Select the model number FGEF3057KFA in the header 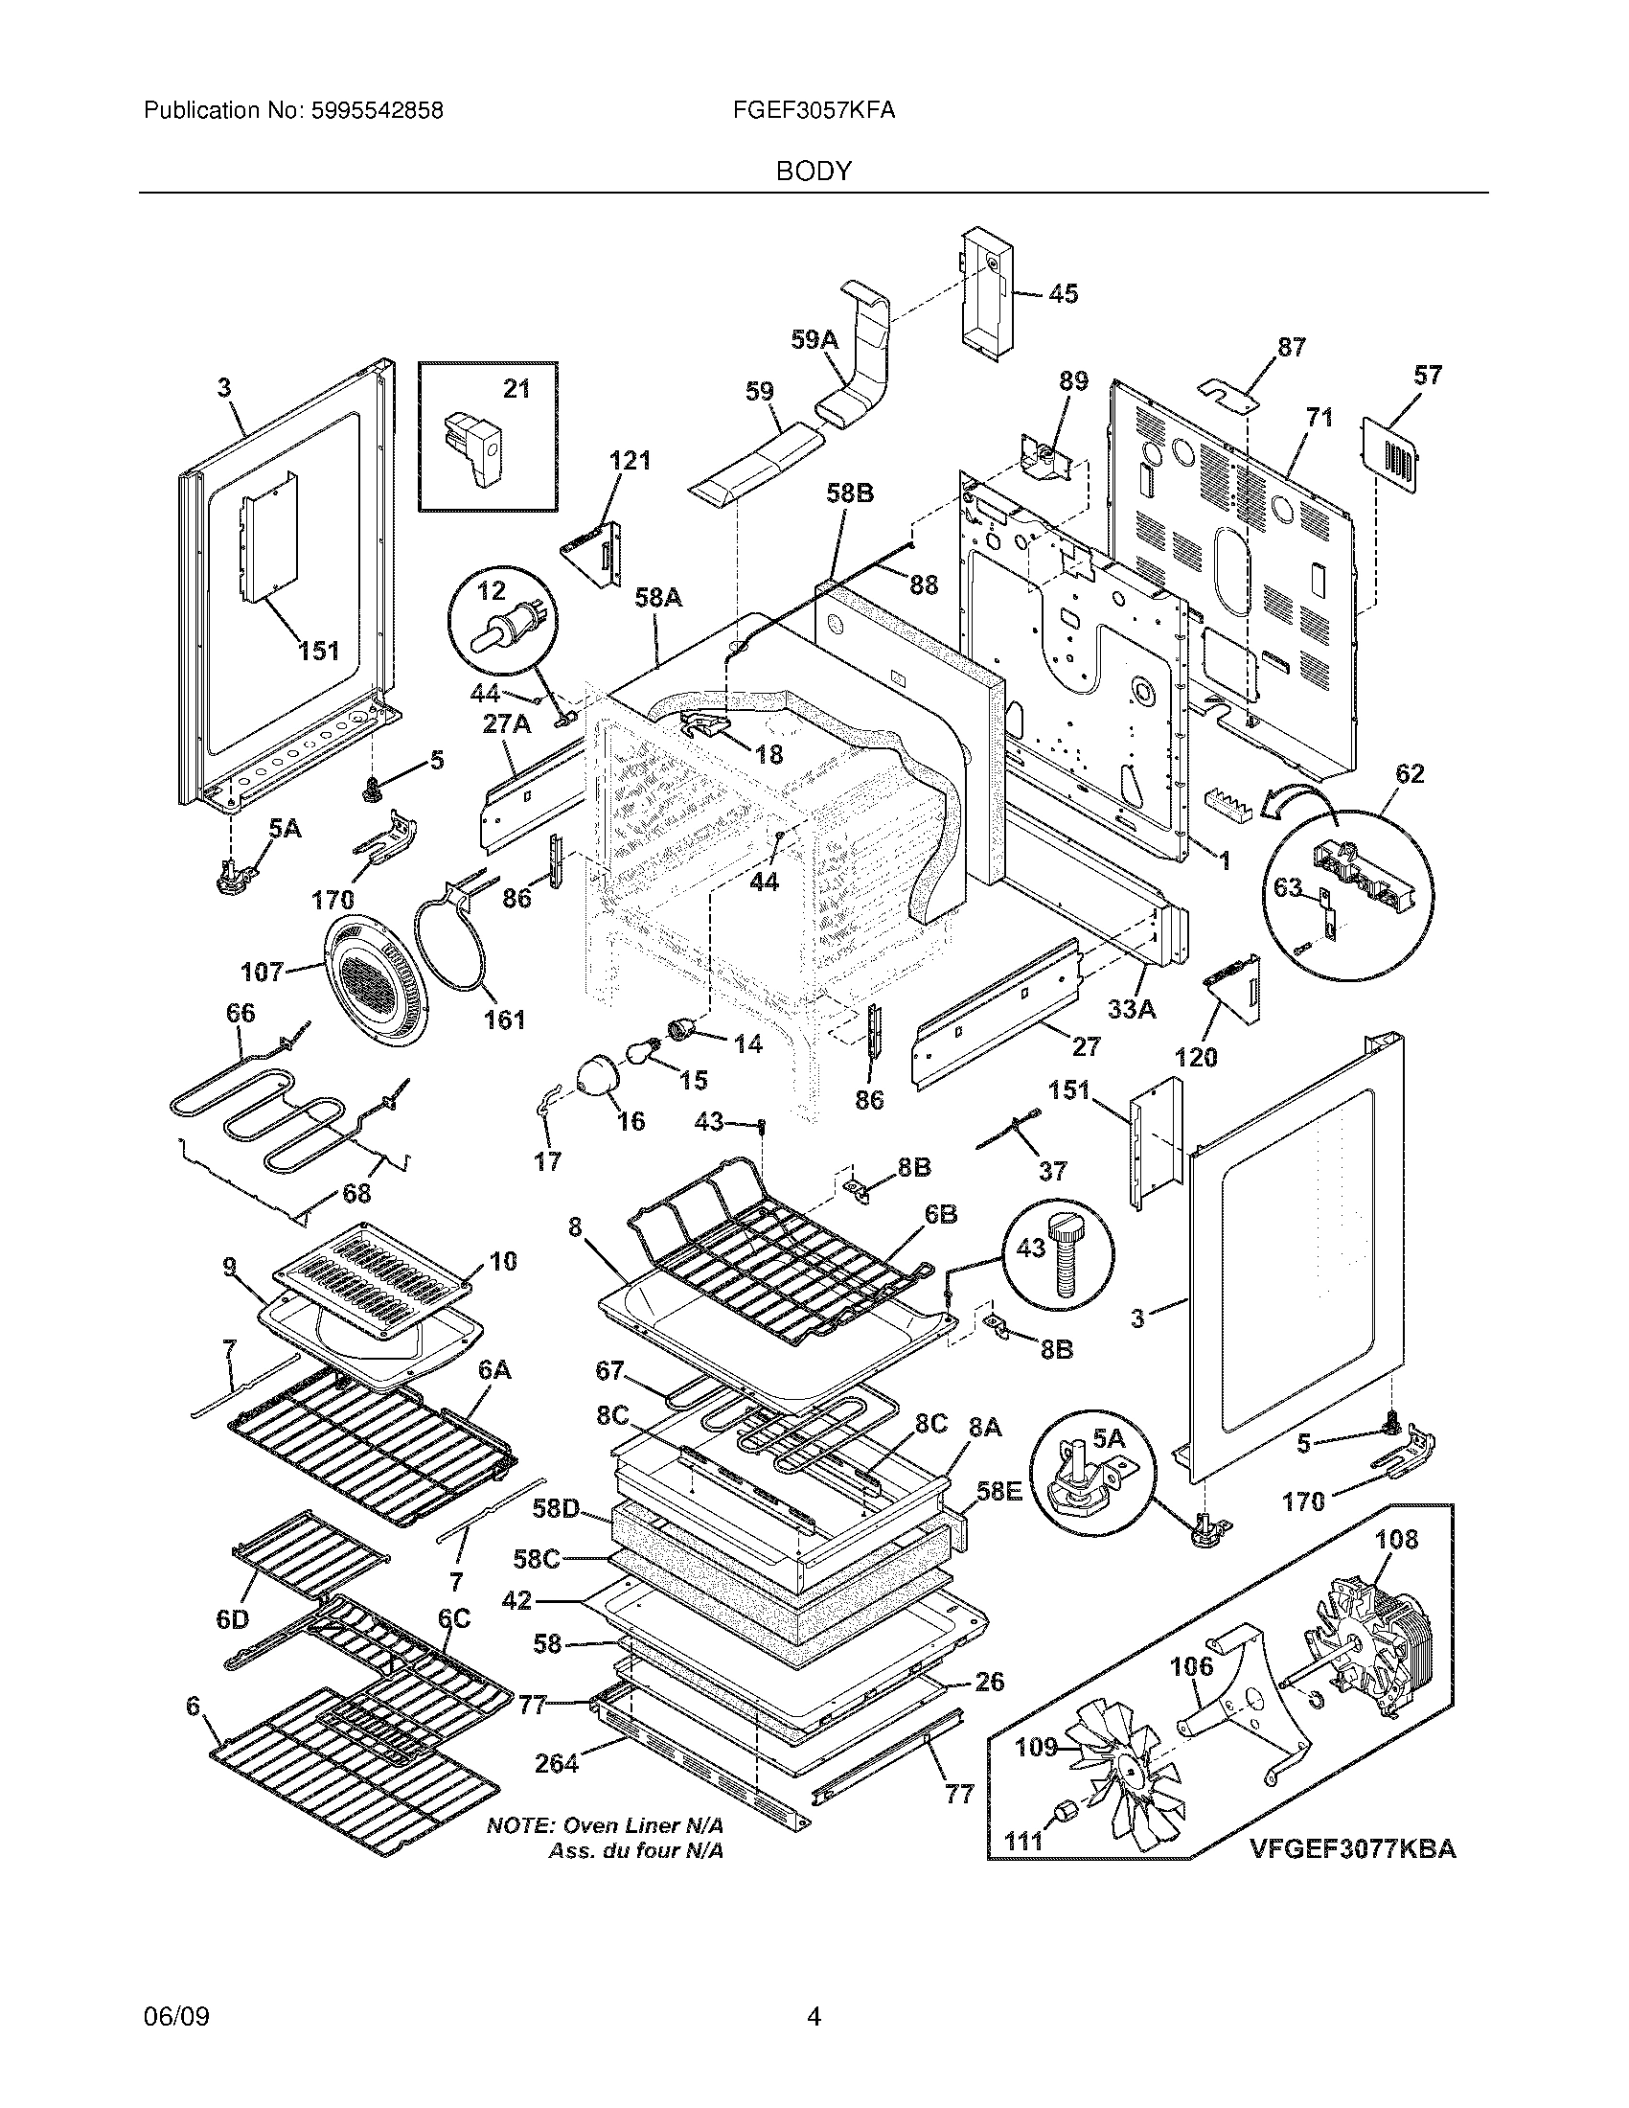point(814,111)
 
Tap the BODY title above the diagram point(814,172)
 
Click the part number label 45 point(1064,293)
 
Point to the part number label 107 point(263,971)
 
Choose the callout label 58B point(850,493)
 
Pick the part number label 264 point(557,1763)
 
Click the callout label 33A point(1133,1009)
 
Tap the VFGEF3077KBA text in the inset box point(1353,1848)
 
